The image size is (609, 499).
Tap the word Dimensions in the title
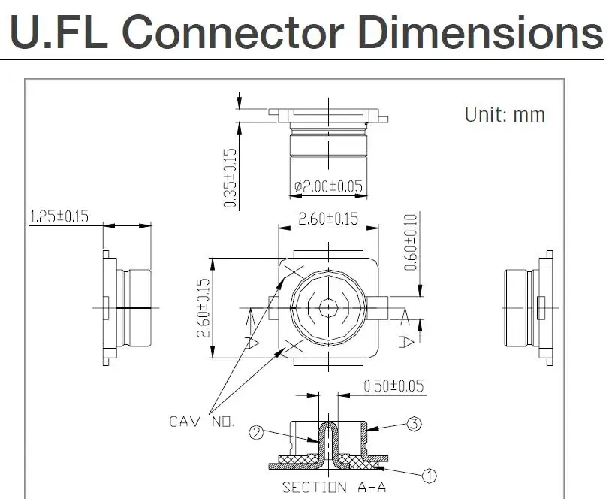(481, 32)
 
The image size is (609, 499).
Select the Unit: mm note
(505, 115)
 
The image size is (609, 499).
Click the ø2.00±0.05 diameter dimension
(329, 186)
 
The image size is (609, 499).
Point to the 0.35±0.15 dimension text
(231, 178)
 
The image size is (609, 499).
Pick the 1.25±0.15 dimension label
(59, 216)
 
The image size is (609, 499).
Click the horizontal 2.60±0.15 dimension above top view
(328, 219)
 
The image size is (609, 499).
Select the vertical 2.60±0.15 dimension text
(204, 308)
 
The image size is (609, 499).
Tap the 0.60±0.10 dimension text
(410, 242)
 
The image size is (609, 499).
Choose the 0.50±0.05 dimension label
(393, 386)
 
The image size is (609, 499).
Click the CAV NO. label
(202, 422)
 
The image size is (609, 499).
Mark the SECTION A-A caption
(334, 487)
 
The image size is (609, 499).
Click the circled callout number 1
(430, 476)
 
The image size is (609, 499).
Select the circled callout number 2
(256, 433)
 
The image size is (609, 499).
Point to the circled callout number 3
(414, 424)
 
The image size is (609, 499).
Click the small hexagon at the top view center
(329, 308)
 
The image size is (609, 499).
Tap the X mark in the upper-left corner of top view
(294, 272)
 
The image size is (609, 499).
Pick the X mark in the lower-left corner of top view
(294, 346)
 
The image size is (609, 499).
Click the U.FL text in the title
(59, 32)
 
